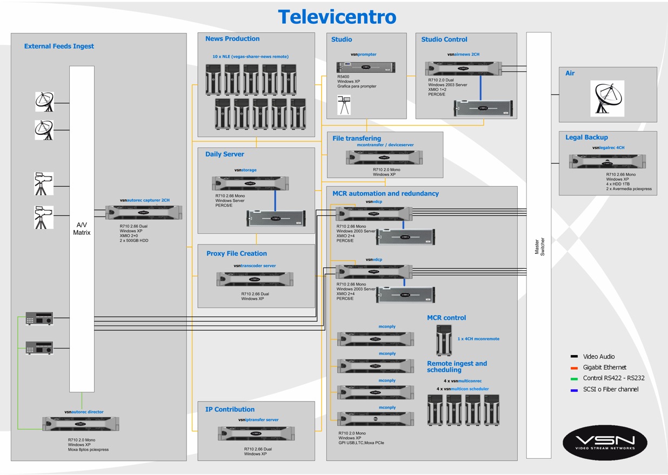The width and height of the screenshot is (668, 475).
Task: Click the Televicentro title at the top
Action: click(x=337, y=17)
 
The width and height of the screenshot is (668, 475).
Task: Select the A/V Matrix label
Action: click(x=82, y=229)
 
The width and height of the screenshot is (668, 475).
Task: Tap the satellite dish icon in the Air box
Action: click(x=607, y=98)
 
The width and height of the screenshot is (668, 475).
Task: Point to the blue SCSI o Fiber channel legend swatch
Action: click(x=574, y=390)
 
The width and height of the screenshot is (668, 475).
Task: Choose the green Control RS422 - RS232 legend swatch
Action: click(x=574, y=378)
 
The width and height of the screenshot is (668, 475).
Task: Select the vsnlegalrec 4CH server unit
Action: click(x=607, y=161)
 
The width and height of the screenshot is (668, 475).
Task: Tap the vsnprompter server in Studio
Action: click(x=366, y=67)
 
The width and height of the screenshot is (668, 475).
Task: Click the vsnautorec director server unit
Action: click(x=81, y=423)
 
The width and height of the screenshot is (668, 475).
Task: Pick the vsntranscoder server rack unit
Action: click(x=255, y=279)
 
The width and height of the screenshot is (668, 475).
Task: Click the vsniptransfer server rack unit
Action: click(x=257, y=433)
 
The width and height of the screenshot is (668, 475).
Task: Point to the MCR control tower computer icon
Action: click(x=444, y=341)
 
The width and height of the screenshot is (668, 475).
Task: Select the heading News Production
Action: click(x=232, y=39)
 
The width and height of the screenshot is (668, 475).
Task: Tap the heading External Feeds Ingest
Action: click(x=59, y=46)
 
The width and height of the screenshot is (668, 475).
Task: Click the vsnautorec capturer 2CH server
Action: click(x=144, y=212)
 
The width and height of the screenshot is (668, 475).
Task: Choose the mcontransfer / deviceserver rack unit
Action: click(x=384, y=158)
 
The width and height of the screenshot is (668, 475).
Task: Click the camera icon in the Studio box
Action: click(x=344, y=105)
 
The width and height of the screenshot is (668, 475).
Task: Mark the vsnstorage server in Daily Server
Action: click(x=250, y=183)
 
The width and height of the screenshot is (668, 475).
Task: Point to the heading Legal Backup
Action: click(x=586, y=137)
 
